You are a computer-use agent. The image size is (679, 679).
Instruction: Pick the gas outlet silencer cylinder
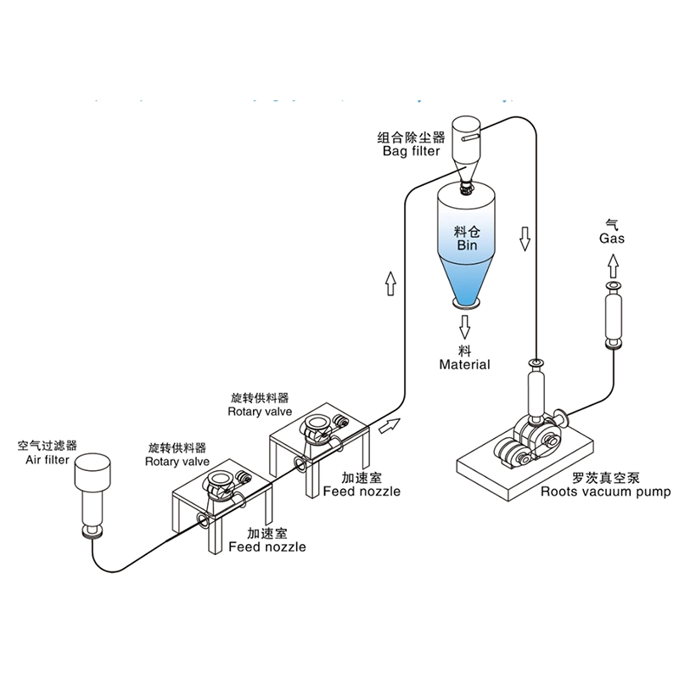[x=612, y=316]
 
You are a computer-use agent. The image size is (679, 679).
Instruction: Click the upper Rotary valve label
[x=260, y=404]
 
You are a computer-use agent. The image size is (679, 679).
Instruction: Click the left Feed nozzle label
[x=267, y=541]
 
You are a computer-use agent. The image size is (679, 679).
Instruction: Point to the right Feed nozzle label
[x=361, y=484]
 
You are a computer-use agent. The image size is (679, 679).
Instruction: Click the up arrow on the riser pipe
[x=390, y=283]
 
